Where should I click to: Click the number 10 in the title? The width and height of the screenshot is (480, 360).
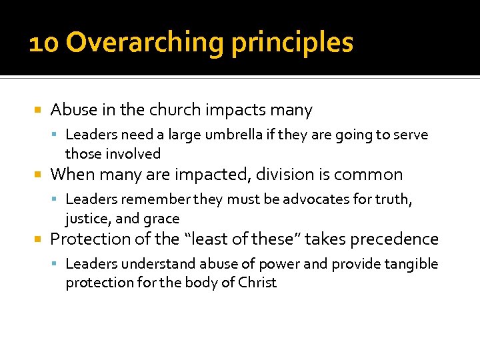click(44, 43)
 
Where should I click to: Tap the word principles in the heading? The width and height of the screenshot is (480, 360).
click(292, 43)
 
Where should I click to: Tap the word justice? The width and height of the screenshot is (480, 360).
click(87, 219)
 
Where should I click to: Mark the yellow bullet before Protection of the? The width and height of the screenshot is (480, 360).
click(38, 239)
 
